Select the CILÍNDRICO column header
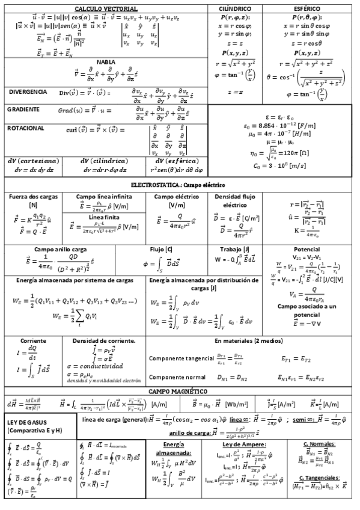click(x=236, y=9)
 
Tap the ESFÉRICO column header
click(x=311, y=9)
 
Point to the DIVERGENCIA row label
click(x=28, y=91)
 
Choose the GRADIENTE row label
click(x=23, y=109)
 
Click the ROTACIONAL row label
click(x=26, y=128)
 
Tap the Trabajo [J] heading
click(x=240, y=248)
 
